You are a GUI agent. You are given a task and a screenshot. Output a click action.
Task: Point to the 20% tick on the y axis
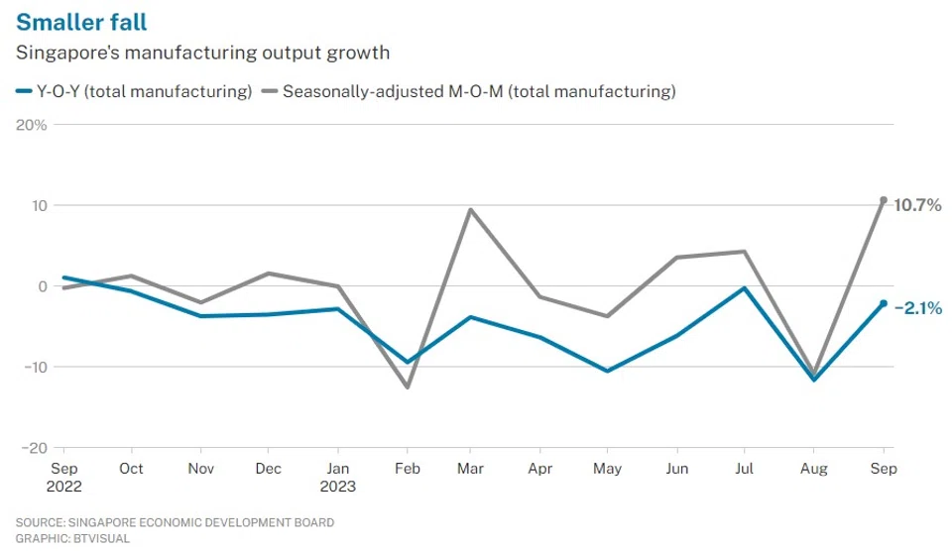[31, 125]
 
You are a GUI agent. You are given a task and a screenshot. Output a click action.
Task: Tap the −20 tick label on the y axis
[32, 447]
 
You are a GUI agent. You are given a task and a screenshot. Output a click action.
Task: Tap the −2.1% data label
[917, 308]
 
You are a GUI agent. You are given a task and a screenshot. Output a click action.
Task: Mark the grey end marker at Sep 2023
[883, 200]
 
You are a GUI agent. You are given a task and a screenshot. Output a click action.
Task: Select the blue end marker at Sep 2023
[883, 303]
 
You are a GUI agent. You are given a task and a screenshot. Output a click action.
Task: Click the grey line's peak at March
[469, 209]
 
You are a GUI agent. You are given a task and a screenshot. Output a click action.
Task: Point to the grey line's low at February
[408, 386]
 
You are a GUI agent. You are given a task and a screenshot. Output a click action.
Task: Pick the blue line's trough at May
[607, 371]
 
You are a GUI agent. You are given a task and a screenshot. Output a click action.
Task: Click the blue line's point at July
[745, 288]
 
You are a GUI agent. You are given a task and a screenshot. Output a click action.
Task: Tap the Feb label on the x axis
[408, 469]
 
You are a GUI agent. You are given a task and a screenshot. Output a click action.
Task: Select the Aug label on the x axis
[814, 469]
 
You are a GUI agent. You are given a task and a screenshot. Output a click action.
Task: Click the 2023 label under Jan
[338, 487]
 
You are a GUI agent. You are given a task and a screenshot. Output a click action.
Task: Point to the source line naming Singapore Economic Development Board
[175, 522]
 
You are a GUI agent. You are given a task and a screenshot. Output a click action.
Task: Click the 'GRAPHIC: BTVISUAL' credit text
[72, 538]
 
